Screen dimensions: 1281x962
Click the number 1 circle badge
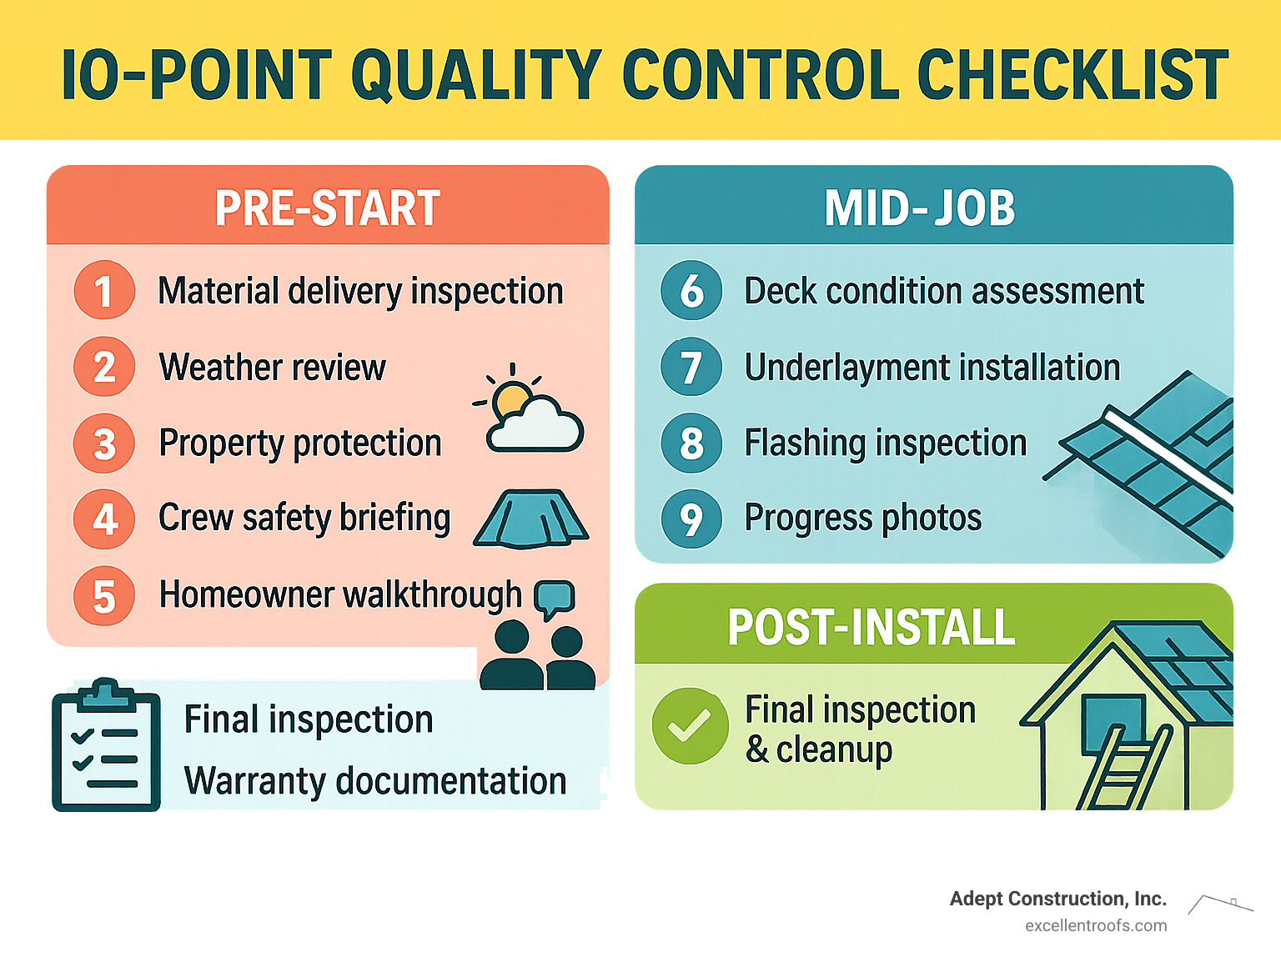pyautogui.click(x=104, y=290)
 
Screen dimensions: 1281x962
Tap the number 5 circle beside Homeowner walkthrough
pyautogui.click(x=104, y=596)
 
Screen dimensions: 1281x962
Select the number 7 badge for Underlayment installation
pyautogui.click(x=691, y=367)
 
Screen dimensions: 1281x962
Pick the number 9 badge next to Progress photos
pyautogui.click(x=691, y=519)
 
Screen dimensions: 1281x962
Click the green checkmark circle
pyautogui.click(x=690, y=726)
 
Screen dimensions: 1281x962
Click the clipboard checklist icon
pyautogui.click(x=106, y=744)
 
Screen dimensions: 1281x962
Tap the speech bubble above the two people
pyautogui.click(x=555, y=599)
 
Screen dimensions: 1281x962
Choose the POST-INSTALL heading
pyautogui.click(x=872, y=627)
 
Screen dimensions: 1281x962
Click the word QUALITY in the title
pyautogui.click(x=476, y=75)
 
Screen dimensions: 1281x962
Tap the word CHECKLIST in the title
pyautogui.click(x=1073, y=74)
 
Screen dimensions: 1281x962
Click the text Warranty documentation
pyautogui.click(x=375, y=781)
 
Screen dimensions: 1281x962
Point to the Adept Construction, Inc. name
pyautogui.click(x=1058, y=899)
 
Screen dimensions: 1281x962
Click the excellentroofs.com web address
pyautogui.click(x=1096, y=926)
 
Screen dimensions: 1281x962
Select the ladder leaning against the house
pyautogui.click(x=1123, y=767)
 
